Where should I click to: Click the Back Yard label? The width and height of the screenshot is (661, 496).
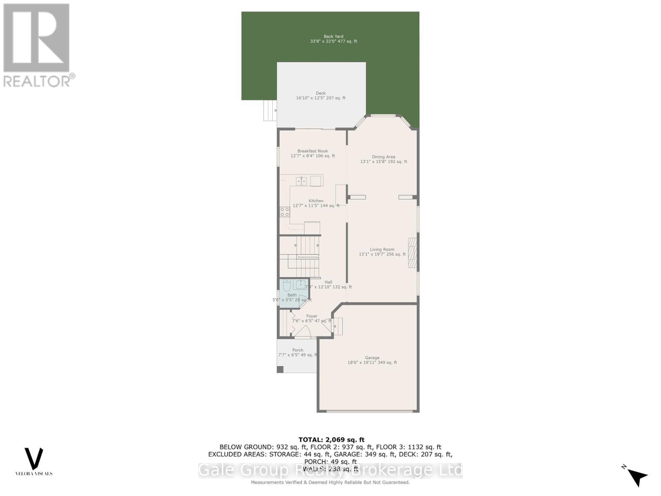(x=333, y=36)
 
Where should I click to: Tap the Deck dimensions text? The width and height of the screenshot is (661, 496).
(x=321, y=98)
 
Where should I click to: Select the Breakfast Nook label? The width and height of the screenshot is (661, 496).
(x=313, y=151)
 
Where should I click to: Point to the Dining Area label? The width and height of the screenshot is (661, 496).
(x=383, y=157)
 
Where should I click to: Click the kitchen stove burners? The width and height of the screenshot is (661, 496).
(x=285, y=212)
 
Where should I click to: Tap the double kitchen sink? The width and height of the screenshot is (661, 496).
(x=301, y=181)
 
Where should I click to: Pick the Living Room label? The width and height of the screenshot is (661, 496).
(x=382, y=249)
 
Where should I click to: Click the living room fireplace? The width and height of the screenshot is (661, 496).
(x=412, y=253)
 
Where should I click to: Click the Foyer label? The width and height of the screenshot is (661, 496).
(x=311, y=316)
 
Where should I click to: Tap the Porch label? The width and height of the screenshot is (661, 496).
(x=297, y=350)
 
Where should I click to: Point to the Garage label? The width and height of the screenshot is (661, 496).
(x=372, y=358)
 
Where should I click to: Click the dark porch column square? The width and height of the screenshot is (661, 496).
(x=280, y=369)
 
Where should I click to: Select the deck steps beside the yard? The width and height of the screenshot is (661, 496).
(x=270, y=110)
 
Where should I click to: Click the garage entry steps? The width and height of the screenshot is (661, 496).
(x=338, y=327)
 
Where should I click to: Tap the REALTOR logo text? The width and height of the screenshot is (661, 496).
(x=39, y=81)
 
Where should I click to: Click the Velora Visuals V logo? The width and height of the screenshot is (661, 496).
(x=34, y=458)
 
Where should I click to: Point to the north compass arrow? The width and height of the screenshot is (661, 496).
(x=637, y=477)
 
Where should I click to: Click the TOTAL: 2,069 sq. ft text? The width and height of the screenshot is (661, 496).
(x=331, y=440)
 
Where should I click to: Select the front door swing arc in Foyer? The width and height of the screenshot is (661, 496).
(x=302, y=331)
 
